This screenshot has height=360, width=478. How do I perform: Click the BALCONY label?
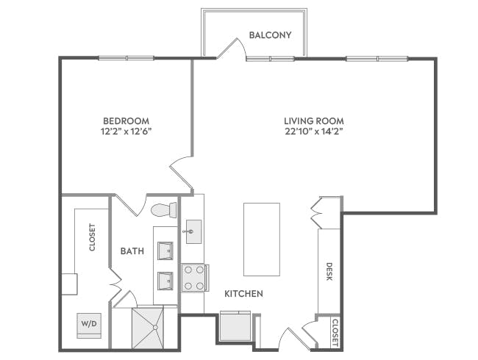pyautogui.click(x=270, y=35)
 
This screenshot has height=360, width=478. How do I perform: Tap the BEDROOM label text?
pyautogui.click(x=126, y=120)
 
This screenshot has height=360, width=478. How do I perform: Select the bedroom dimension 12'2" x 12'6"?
pyautogui.click(x=126, y=132)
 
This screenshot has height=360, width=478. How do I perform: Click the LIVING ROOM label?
pyautogui.click(x=314, y=120)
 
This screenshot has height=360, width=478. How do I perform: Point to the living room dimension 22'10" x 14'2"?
pyautogui.click(x=314, y=132)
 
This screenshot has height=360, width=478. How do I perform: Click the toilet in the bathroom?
pyautogui.click(x=163, y=211)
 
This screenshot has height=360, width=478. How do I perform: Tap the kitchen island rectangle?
pyautogui.click(x=261, y=238)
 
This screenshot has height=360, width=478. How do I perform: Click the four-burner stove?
pyautogui.click(x=194, y=278)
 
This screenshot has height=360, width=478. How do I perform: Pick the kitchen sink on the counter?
pyautogui.click(x=193, y=231)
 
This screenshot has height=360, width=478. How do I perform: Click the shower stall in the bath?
pyautogui.click(x=153, y=327)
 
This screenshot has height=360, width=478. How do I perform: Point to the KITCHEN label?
pyautogui.click(x=243, y=294)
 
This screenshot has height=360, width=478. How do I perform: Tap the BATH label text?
pyautogui.click(x=132, y=251)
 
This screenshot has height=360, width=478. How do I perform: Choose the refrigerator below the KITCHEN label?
pyautogui.click(x=235, y=325)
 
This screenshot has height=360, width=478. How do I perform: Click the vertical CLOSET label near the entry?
pyautogui.click(x=335, y=333)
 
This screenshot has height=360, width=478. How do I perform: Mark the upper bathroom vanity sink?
pyautogui.click(x=165, y=251)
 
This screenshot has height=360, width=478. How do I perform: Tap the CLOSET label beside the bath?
pyautogui.click(x=92, y=237)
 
